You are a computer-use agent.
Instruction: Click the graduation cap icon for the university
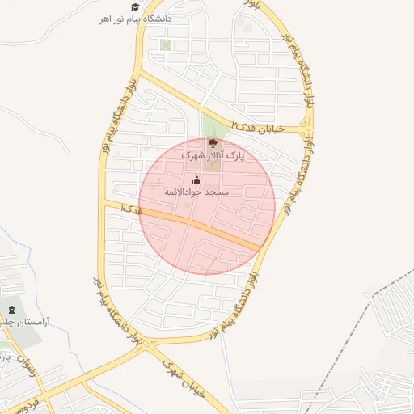click(x=135, y=6)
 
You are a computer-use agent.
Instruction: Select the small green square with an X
click(x=166, y=44)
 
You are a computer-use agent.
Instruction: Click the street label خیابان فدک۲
click(x=259, y=127)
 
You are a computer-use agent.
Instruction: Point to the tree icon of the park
click(x=213, y=144)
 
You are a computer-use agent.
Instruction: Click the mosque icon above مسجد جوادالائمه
click(x=197, y=180)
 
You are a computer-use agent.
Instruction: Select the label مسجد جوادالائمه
click(x=197, y=192)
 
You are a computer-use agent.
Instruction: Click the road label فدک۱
click(x=129, y=209)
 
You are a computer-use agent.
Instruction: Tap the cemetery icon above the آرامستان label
click(x=11, y=308)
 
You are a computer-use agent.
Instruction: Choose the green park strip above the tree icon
click(x=213, y=125)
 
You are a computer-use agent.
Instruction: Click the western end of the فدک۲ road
click(x=138, y=75)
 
